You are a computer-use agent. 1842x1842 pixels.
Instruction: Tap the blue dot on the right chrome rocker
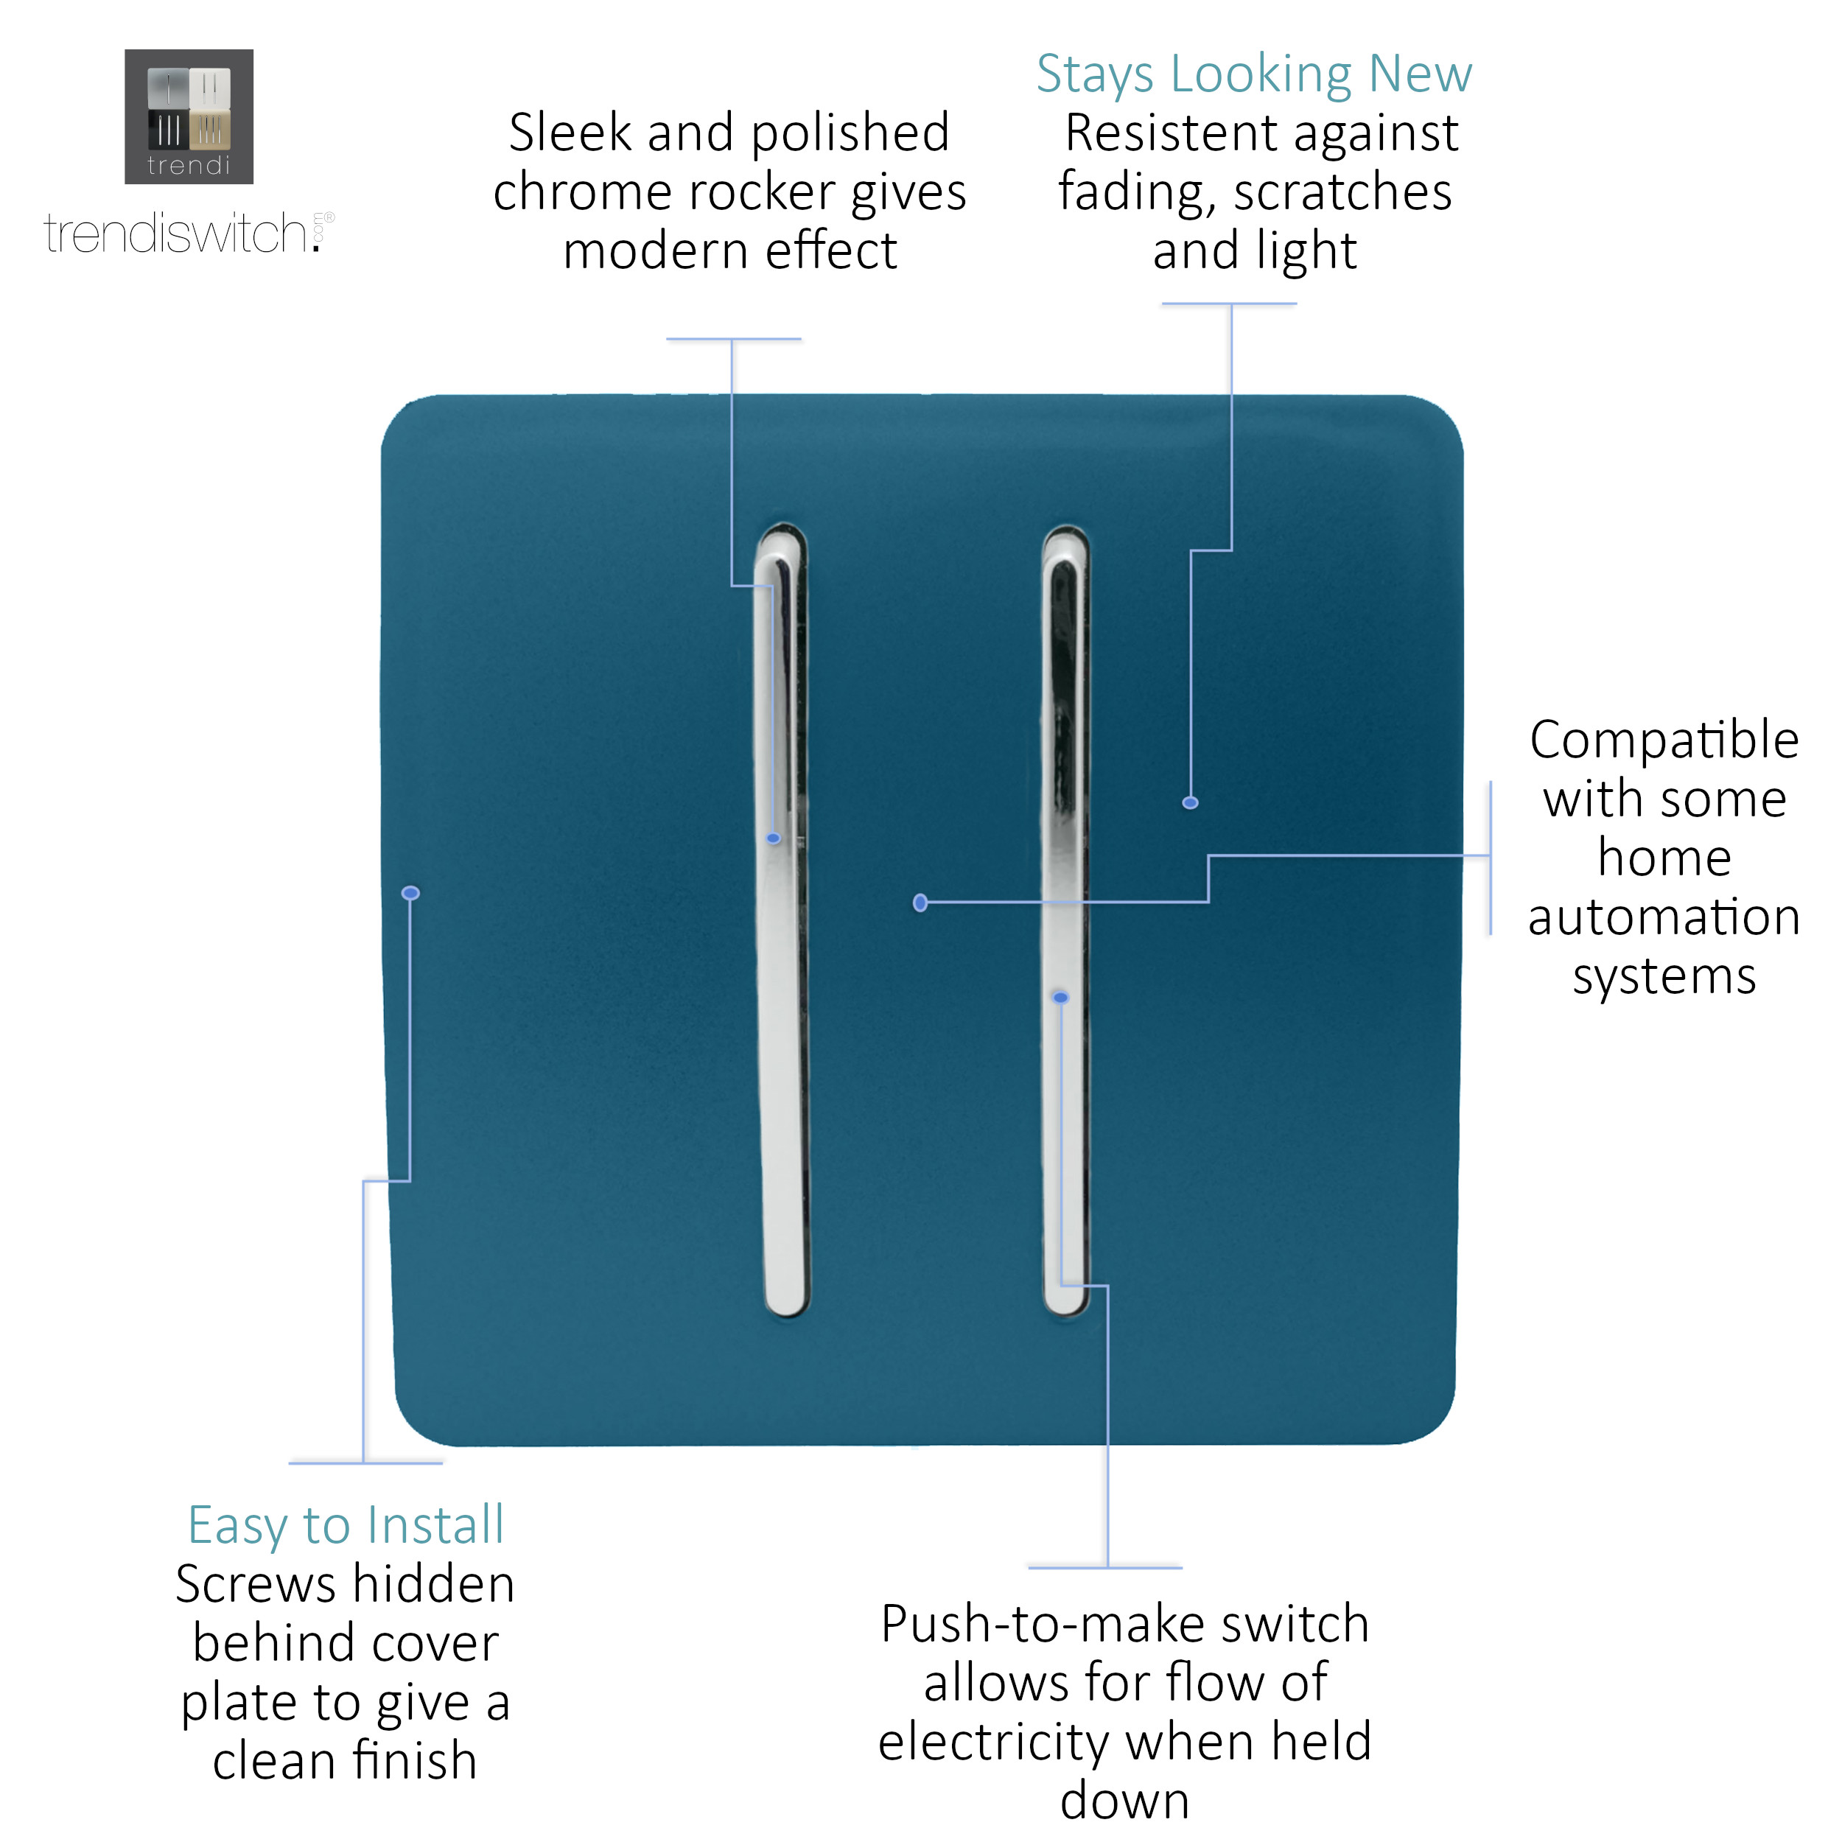coord(1061,998)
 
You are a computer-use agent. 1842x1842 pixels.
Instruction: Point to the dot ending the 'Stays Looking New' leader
coord(1191,804)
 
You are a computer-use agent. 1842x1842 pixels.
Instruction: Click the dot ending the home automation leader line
coord(921,903)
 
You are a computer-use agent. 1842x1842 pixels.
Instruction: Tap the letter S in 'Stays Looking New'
coord(1051,74)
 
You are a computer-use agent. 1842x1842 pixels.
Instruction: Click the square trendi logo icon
coord(189,116)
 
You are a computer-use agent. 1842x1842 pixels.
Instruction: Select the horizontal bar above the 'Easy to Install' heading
coord(366,1463)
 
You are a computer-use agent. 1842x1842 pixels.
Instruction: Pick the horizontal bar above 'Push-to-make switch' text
coord(1106,1567)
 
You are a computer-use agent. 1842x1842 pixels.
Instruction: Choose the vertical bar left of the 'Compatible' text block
coord(1491,858)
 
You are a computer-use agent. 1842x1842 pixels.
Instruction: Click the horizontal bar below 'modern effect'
coord(734,338)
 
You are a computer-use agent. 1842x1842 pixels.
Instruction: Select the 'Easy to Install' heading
coord(346,1524)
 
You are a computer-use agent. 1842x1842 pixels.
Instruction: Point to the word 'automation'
coord(1664,917)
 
